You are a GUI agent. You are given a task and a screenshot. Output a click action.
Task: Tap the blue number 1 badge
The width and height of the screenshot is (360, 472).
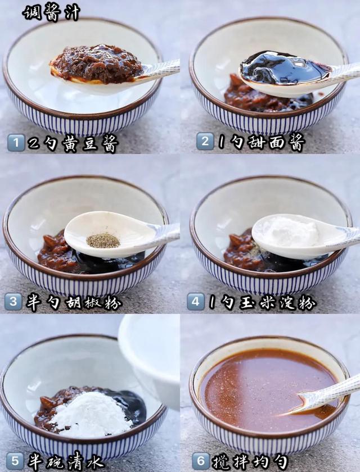click(16, 142)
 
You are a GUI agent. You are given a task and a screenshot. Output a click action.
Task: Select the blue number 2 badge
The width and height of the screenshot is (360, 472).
click(205, 141)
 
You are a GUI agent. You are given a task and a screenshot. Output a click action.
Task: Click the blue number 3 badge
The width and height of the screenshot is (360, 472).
click(13, 302)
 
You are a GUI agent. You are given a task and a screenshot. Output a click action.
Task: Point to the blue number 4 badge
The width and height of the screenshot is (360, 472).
click(196, 302)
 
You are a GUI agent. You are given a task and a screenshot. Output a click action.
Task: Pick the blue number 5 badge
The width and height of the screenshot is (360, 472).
click(15, 461)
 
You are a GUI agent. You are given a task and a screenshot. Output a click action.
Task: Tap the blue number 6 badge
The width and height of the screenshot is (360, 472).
click(201, 461)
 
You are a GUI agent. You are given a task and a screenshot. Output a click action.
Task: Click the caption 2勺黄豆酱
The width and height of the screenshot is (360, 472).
click(73, 143)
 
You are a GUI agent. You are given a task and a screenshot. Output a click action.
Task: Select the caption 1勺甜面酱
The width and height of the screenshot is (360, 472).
click(262, 142)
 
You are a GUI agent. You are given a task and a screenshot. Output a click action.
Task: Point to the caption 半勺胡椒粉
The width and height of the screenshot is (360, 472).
click(74, 302)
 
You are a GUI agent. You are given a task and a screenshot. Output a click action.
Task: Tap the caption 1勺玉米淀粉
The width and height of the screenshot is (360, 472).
click(262, 302)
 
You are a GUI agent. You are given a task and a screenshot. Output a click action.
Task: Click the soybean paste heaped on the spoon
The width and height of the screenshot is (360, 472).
click(97, 63)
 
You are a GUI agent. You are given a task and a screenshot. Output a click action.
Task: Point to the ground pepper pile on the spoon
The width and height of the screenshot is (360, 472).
click(103, 240)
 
